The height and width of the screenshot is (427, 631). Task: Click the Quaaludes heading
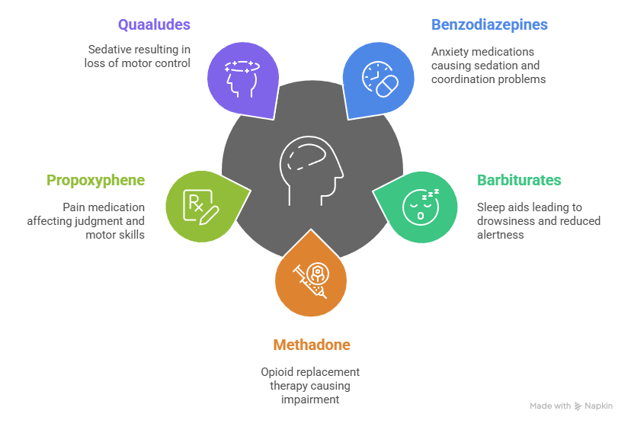coord(160,25)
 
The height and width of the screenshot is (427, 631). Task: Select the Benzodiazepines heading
coord(489,25)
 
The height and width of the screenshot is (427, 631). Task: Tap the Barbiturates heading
coord(519,181)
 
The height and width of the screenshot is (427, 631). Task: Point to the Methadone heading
coord(312,345)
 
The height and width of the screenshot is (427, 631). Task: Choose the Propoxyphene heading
coord(96,181)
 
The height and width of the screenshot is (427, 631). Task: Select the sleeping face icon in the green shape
coord(420,204)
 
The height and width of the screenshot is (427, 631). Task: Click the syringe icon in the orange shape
coord(311,278)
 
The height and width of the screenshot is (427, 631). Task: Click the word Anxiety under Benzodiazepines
coord(451,52)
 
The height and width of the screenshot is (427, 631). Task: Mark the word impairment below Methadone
coord(311,399)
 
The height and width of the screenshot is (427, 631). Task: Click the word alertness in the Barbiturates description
coord(501,236)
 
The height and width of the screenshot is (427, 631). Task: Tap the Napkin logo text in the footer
coord(597,406)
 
